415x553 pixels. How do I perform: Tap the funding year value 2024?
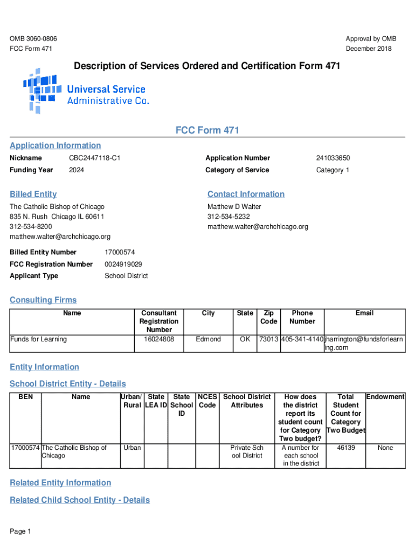click(x=77, y=170)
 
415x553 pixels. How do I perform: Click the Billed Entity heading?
click(x=33, y=194)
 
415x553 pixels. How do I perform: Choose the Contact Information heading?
click(x=246, y=194)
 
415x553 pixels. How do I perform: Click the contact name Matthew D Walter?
click(x=234, y=207)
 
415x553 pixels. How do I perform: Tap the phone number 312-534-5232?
click(x=229, y=217)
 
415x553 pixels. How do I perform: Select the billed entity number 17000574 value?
click(x=120, y=252)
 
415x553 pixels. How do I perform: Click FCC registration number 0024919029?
click(x=123, y=264)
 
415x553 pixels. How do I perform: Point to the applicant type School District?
click(x=126, y=276)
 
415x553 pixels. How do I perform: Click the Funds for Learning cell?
click(x=38, y=339)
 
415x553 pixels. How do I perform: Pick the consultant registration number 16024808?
click(x=159, y=339)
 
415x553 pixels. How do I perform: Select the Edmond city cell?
click(x=208, y=339)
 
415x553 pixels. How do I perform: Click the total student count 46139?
click(x=345, y=448)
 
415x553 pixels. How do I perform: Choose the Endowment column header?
click(x=385, y=397)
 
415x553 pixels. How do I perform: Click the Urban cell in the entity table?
click(x=132, y=448)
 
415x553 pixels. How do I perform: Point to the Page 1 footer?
click(x=20, y=532)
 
